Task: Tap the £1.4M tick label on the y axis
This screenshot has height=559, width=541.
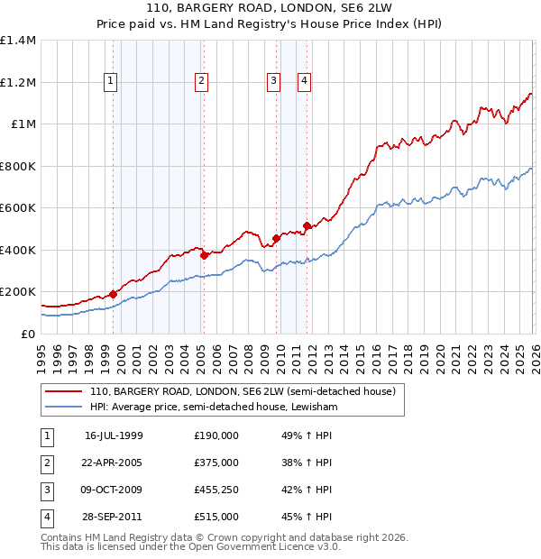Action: click(x=18, y=41)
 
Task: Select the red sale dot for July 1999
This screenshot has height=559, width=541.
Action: click(x=114, y=294)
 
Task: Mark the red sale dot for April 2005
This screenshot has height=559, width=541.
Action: click(x=205, y=255)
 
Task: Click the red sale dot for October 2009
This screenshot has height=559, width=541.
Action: click(x=276, y=238)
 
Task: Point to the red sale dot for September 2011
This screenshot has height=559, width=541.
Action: click(x=307, y=225)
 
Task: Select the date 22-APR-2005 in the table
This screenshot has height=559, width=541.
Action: click(x=113, y=463)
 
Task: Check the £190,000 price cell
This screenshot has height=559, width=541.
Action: click(x=216, y=435)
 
